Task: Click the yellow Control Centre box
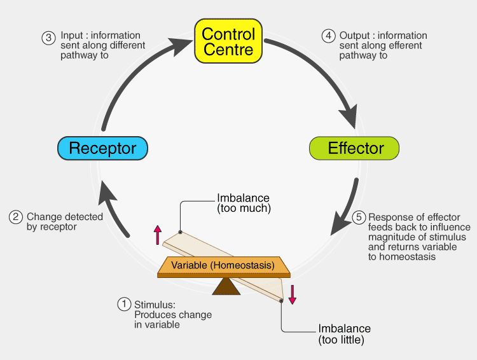(228, 41)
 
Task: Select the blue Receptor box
(102, 149)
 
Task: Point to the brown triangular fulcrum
(226, 286)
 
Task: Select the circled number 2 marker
(16, 218)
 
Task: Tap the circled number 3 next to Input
(49, 37)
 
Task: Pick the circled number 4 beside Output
(328, 36)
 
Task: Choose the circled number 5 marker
(359, 218)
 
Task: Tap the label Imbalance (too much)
(244, 203)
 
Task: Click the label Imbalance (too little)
(344, 335)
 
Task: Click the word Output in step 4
(354, 36)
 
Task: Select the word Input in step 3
(71, 36)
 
